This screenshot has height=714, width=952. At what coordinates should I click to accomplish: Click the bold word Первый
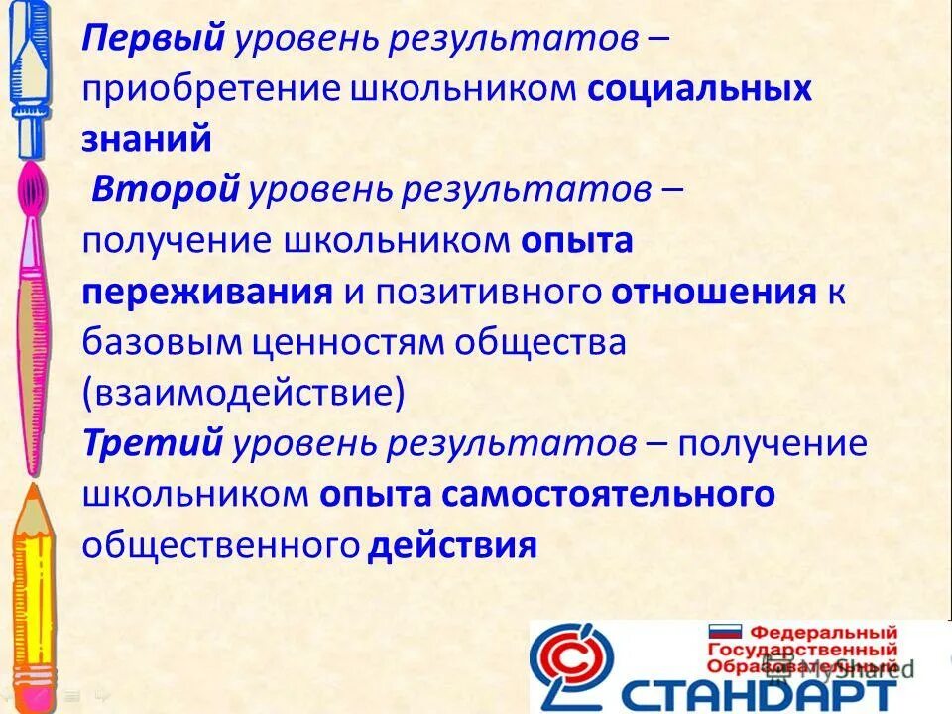coord(155,40)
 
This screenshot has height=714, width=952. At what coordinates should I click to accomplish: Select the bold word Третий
coord(153,443)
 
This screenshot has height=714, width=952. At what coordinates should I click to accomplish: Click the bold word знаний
coord(146,140)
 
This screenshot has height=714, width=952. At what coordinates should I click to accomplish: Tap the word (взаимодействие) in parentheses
coord(244,393)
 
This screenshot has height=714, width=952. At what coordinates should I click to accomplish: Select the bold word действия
coord(452,544)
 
